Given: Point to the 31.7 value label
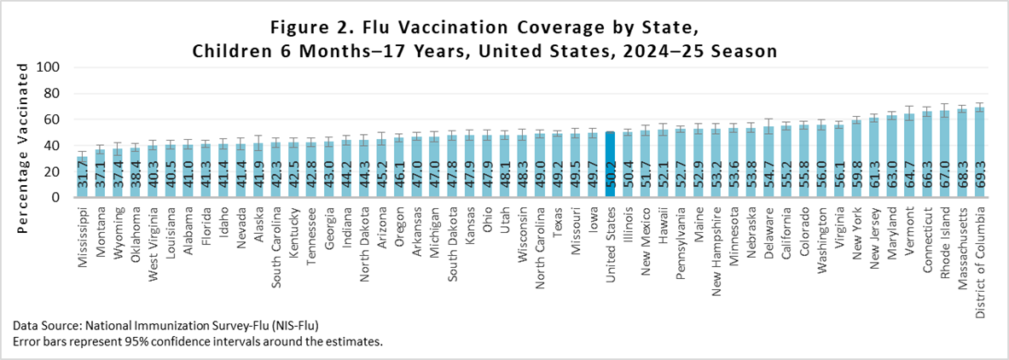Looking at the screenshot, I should pyautogui.click(x=82, y=182).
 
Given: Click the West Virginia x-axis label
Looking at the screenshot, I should pyautogui.click(x=153, y=241).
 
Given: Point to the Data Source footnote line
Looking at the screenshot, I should pyautogui.click(x=171, y=326).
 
